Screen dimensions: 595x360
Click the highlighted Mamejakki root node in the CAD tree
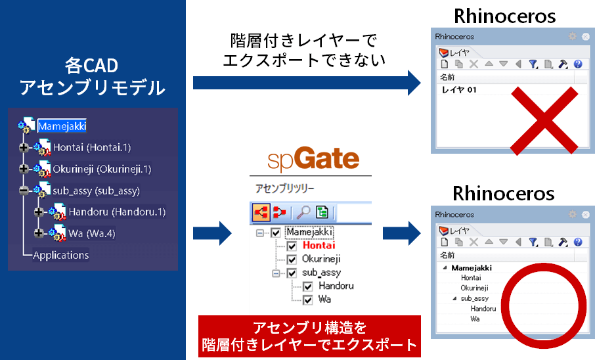click(62, 126)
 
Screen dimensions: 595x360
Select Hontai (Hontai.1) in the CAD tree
click(92, 147)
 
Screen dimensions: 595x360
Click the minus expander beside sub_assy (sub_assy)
click(24, 191)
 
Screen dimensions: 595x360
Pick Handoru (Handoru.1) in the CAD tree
click(118, 212)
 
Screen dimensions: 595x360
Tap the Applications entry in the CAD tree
click(60, 255)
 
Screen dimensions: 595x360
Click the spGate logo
click(313, 159)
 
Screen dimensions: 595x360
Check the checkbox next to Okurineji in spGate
click(292, 259)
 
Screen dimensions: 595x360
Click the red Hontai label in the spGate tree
click(319, 245)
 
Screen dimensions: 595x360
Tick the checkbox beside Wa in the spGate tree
click(308, 300)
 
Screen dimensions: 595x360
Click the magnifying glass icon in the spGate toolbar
click(303, 212)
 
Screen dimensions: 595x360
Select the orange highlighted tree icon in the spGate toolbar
click(261, 212)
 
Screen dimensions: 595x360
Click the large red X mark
click(544, 120)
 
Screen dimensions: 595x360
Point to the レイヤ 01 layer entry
click(459, 90)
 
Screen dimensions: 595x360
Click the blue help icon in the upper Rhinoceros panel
click(578, 64)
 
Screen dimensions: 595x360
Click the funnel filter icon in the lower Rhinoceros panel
click(533, 242)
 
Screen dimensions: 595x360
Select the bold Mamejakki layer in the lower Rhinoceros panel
click(472, 268)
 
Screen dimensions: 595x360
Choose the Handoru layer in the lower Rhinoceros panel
click(483, 309)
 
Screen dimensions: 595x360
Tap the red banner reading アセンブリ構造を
click(309, 336)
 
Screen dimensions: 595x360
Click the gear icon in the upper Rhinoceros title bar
click(572, 36)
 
